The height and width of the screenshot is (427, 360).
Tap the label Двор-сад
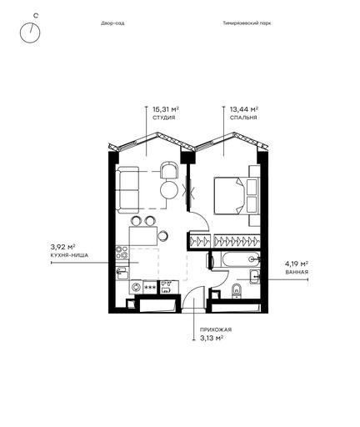pos(112,23)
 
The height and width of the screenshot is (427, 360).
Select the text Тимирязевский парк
pos(247,23)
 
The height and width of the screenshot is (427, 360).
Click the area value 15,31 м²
pos(166,108)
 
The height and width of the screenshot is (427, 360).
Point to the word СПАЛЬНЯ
pos(243,118)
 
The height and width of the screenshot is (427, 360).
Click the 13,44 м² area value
pos(244,108)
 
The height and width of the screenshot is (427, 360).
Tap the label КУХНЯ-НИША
pos(69,255)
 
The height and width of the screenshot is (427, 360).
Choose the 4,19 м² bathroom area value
pos(297,264)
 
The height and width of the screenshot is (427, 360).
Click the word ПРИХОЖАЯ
pos(216,329)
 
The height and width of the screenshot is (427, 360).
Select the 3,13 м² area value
pos(212,338)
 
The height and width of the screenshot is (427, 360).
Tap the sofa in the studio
pos(127,190)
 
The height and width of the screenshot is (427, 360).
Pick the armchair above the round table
pos(169,170)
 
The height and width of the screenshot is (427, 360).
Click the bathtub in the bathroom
pos(241,259)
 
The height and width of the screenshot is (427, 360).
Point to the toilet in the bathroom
pos(237,291)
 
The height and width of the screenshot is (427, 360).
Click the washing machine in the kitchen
pos(136,287)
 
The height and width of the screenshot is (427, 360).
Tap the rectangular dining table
pos(143,236)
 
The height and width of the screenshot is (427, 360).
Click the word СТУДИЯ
pos(164,118)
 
